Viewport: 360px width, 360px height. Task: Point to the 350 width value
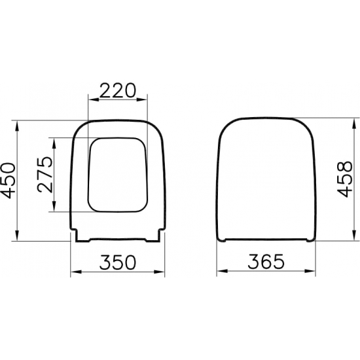pos(118,261)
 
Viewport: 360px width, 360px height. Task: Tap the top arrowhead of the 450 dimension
pos(18,124)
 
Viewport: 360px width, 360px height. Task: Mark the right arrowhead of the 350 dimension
pos(162,271)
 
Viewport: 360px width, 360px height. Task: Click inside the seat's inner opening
pos(118,175)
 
